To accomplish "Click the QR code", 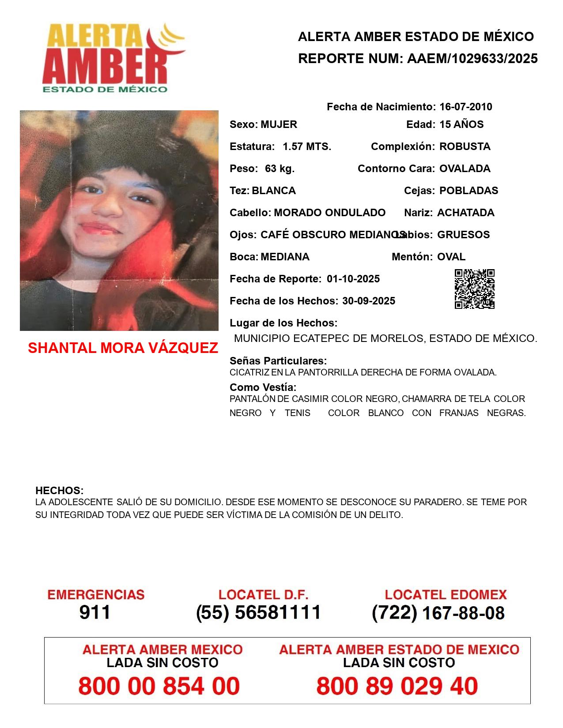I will point(475,289).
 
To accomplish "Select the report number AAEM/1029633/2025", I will point(472,59).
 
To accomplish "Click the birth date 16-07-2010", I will point(465,107).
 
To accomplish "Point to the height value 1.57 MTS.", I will point(307,146).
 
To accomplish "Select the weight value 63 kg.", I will point(280,169).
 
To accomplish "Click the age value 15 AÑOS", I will point(461,124).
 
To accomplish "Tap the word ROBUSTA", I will point(465,146).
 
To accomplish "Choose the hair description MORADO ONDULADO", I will point(329,213).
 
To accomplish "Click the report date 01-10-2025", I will point(353,279).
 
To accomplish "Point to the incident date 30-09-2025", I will point(369,301).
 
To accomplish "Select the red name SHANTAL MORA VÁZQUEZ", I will point(123,348).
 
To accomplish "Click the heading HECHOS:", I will point(59,491).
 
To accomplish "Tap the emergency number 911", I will point(95,612).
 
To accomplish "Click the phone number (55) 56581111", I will point(259,612).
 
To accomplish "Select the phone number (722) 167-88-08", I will point(438,613).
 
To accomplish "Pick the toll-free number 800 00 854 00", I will point(159,686).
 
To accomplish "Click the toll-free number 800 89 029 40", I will point(397,686).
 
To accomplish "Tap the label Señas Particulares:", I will point(278,361).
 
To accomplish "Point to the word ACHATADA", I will point(465,213).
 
